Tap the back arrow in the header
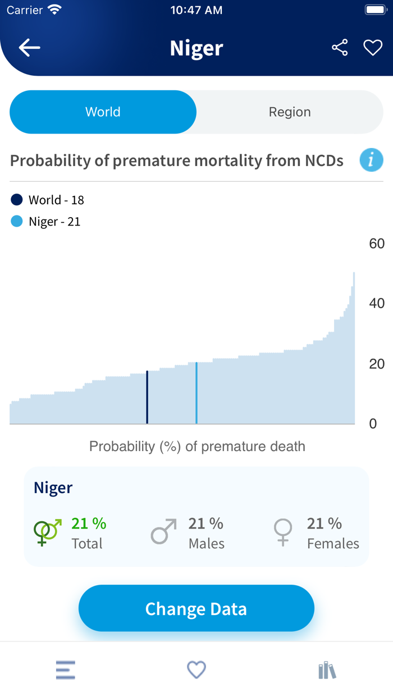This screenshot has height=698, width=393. pos(29,48)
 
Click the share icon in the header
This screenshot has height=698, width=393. pos(340,48)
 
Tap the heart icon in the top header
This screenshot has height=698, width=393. pos(373,48)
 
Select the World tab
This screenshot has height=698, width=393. pos(103,112)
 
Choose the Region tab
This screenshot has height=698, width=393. pos(290,112)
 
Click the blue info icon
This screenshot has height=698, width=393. pos(371,160)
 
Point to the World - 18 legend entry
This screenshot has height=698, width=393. pos(48,200)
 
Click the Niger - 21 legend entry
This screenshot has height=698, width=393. pos(46,222)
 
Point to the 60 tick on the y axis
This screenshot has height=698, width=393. pos(377,244)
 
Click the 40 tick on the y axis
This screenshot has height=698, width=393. pos(377,304)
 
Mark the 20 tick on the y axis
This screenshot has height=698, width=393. pos(377,364)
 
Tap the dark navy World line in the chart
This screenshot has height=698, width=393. pos(147,397)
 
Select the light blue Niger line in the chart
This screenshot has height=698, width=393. pos(196,393)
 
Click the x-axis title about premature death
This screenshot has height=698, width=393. pos(197,447)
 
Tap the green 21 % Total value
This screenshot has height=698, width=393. pos(89,523)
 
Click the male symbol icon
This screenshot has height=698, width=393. pos(163,531)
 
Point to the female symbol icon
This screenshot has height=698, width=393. pos(283,532)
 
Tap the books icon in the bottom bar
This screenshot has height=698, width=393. pos(327,670)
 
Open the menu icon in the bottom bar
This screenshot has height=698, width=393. pos(66,670)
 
